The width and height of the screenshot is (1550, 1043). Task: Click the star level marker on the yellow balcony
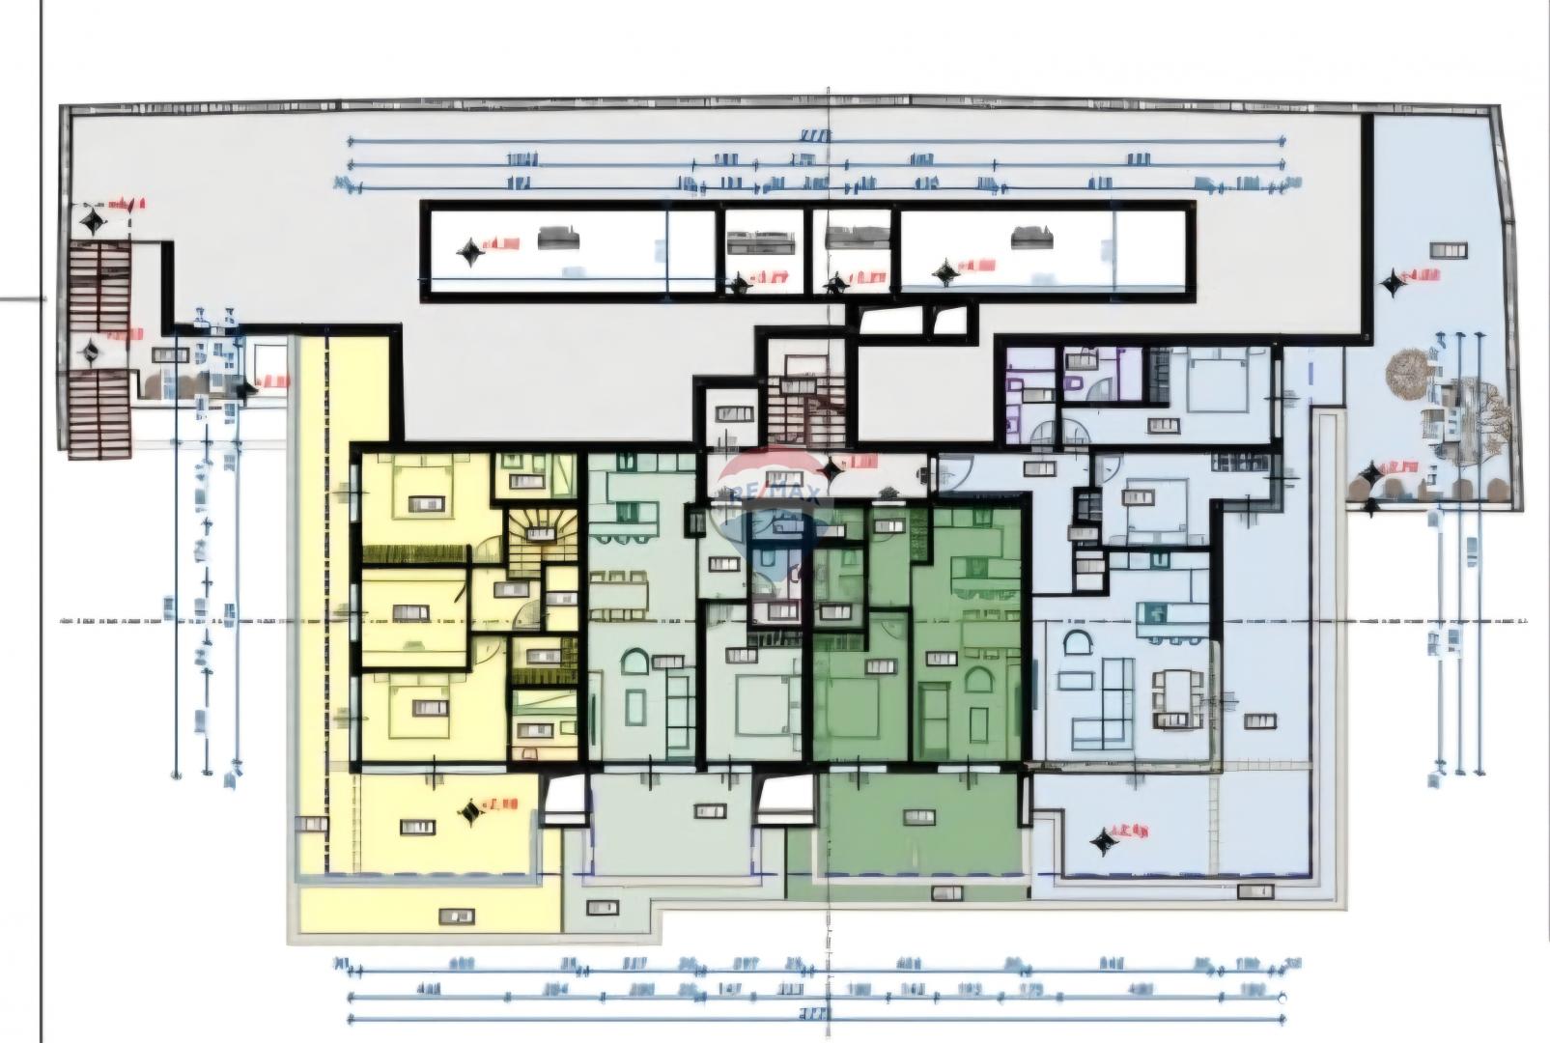470,812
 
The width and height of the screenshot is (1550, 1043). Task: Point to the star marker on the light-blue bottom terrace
1102,841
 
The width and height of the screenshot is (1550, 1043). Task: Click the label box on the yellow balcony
416,828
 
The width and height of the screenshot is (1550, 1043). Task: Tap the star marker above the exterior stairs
93,223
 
